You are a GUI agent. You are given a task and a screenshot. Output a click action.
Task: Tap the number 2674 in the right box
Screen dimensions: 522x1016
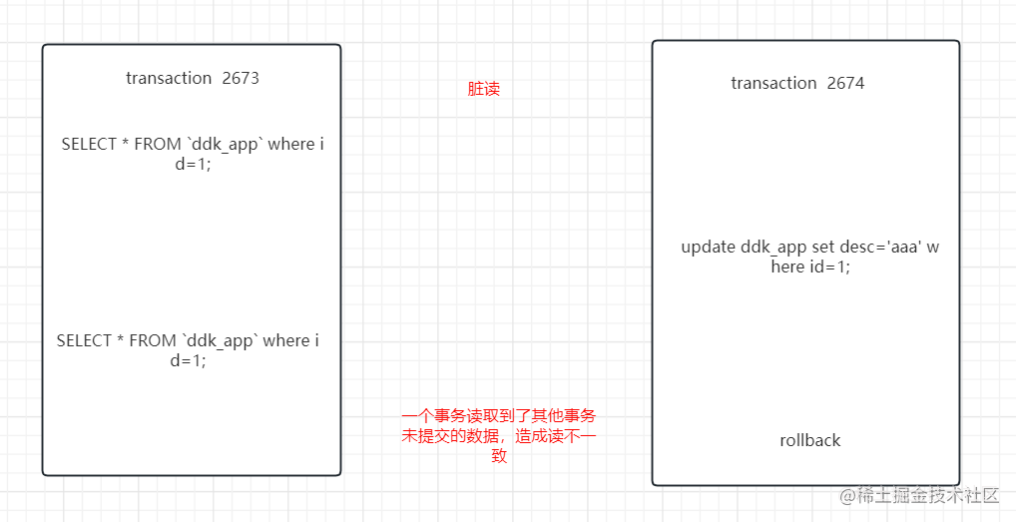tap(845, 83)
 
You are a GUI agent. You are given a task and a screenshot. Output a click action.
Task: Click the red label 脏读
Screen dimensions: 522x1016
tap(484, 89)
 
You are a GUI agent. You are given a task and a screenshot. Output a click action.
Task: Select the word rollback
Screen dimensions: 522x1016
tap(809, 440)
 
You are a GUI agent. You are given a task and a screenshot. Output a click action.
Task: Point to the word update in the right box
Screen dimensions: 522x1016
tap(709, 247)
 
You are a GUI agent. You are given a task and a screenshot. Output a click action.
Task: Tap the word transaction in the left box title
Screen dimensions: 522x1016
tap(169, 78)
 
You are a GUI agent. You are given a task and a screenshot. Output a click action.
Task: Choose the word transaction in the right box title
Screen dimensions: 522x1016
tap(773, 83)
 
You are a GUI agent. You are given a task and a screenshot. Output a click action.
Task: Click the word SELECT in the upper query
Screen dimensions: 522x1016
tap(89, 144)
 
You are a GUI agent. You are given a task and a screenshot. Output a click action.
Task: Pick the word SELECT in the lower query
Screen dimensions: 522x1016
tap(84, 340)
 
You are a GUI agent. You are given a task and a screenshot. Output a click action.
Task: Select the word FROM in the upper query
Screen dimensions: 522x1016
tap(158, 144)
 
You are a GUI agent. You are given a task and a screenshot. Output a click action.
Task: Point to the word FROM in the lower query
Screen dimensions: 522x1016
tap(153, 340)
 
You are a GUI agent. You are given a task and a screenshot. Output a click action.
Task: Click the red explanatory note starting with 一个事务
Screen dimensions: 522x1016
tap(499, 435)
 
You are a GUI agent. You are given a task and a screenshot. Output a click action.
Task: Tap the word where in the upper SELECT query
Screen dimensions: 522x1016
tap(291, 144)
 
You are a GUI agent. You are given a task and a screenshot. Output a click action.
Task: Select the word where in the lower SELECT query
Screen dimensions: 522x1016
tap(286, 340)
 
